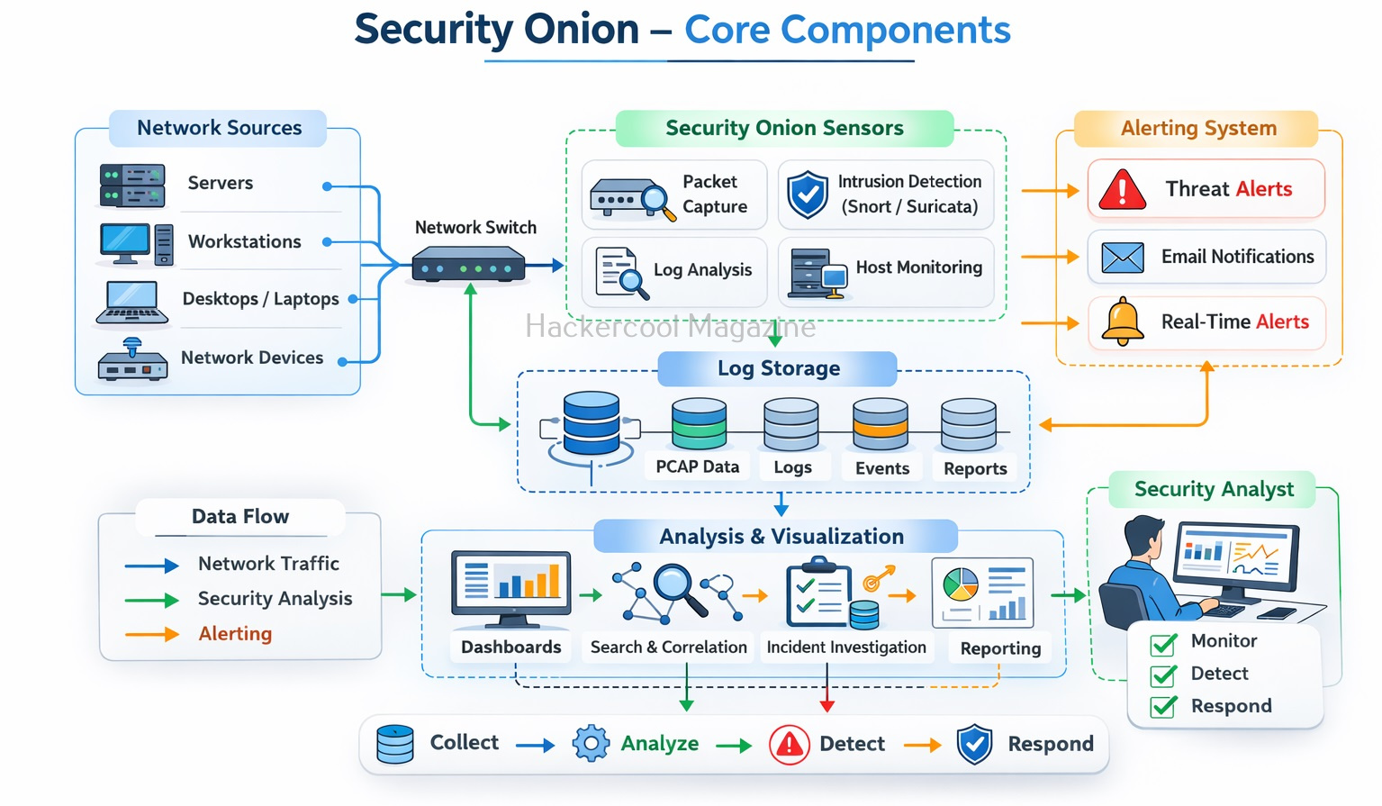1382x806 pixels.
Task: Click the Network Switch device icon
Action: (468, 267)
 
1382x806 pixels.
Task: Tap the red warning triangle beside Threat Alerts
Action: (1122, 190)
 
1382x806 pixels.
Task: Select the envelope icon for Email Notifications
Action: (1123, 258)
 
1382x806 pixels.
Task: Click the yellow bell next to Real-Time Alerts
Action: (1123, 321)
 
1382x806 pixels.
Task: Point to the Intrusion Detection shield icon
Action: (808, 195)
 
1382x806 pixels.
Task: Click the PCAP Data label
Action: (697, 466)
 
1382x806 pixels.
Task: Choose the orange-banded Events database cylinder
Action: (881, 424)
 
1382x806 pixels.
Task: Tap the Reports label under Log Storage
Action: (975, 468)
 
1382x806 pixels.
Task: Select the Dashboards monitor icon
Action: (510, 587)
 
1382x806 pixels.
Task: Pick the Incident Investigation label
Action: (845, 647)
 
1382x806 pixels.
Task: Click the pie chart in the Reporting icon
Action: (960, 584)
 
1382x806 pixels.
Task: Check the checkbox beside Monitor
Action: (1163, 643)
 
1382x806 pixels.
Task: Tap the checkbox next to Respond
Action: (1163, 707)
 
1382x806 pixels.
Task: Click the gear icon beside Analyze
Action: (591, 744)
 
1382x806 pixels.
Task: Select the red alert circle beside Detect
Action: (790, 745)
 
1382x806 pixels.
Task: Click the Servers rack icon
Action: (132, 186)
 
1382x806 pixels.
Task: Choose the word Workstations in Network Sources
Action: (244, 241)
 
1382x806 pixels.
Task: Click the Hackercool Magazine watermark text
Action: (670, 326)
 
